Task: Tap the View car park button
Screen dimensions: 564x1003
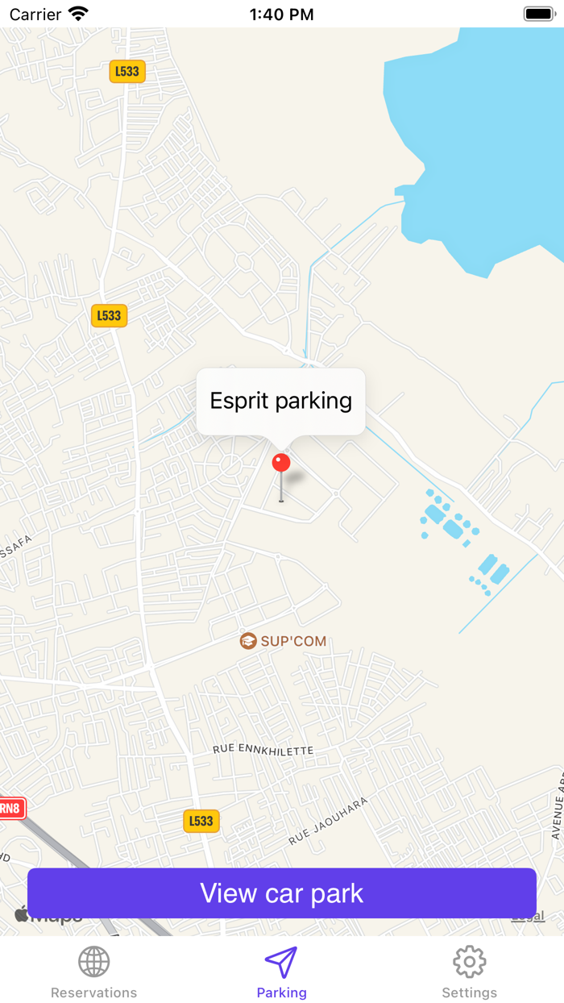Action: [282, 893]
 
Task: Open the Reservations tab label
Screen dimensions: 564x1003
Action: [93, 993]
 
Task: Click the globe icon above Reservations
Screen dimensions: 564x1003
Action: [93, 961]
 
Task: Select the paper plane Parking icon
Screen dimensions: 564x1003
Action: [281, 961]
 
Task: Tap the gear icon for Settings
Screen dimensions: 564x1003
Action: [469, 961]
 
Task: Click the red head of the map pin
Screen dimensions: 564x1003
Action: [281, 463]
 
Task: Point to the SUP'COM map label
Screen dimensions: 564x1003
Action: [293, 642]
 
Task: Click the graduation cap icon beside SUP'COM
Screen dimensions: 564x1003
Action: [248, 641]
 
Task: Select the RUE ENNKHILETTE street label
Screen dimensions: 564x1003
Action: [263, 751]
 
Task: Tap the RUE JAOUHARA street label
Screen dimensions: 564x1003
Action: [329, 821]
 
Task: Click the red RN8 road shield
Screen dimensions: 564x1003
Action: [11, 808]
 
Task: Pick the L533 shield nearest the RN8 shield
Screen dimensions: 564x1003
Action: [201, 821]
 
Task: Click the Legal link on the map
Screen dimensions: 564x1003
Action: [529, 917]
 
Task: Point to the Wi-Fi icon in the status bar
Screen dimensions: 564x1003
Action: [78, 14]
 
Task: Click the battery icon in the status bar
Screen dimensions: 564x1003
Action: [539, 14]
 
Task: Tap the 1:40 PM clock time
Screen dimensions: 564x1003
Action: [281, 15]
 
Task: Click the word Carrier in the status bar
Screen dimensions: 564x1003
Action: [35, 15]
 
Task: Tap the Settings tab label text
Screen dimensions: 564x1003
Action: [469, 993]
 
